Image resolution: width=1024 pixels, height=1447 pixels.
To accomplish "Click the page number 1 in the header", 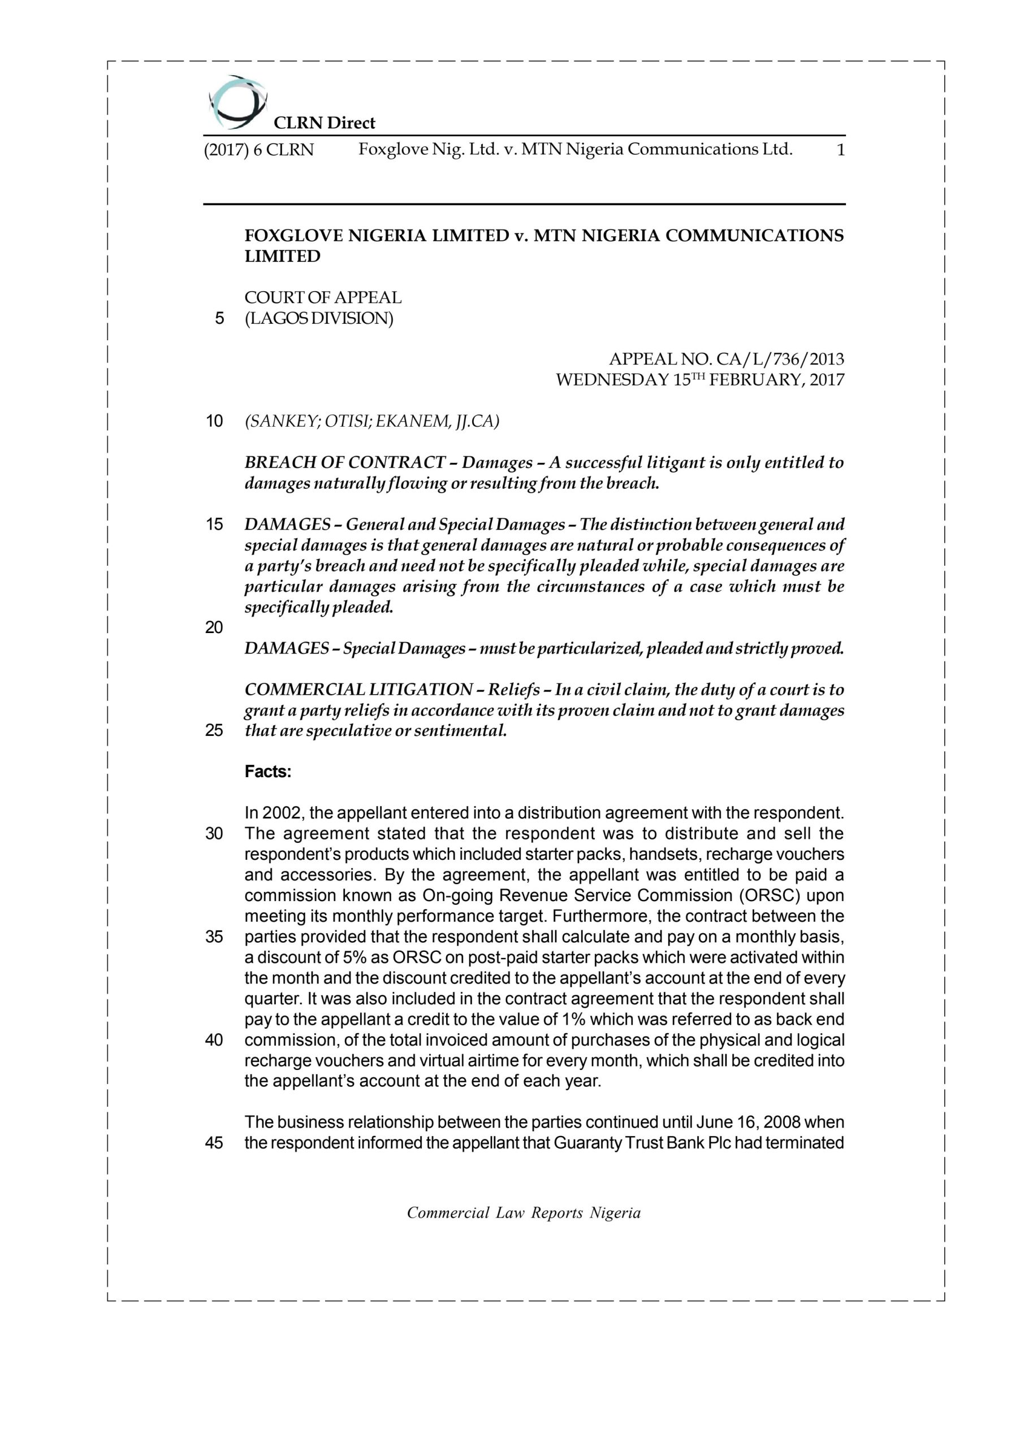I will (840, 150).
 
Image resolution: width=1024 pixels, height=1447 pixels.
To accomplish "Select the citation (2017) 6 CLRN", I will (258, 150).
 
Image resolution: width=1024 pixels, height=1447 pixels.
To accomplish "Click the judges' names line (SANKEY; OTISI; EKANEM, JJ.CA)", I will (371, 421).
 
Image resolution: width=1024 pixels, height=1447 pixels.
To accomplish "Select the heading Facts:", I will (268, 772).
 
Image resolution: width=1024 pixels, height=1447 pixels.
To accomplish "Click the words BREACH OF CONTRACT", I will (344, 462).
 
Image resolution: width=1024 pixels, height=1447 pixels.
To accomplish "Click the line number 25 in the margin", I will (214, 731).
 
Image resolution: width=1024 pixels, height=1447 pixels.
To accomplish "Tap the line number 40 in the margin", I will (214, 1040).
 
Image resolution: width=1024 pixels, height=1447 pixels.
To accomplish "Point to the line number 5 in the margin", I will (219, 319).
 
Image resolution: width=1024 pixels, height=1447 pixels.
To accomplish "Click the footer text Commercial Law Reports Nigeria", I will (524, 1213).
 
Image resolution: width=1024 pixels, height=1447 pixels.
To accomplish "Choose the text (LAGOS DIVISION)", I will (319, 319).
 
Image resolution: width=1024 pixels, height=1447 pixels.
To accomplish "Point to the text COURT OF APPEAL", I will (323, 297).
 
